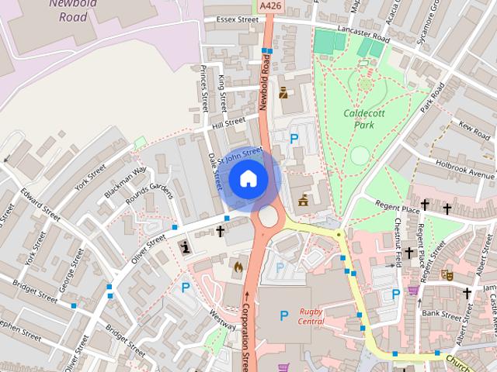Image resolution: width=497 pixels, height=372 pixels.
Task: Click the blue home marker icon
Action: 248,177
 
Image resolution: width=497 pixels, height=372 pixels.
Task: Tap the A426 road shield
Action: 270,5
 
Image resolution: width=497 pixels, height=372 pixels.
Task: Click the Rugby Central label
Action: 311,316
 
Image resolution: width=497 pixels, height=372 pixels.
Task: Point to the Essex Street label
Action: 237,19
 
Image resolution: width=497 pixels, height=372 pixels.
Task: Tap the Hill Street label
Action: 228,123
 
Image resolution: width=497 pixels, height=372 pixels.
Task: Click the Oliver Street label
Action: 150,249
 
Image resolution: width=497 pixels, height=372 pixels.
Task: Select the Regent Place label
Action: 398,209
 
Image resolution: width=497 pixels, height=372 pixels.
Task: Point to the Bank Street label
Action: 442,314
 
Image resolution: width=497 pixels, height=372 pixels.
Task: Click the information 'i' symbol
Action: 186,247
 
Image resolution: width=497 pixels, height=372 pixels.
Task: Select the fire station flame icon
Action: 238,266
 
